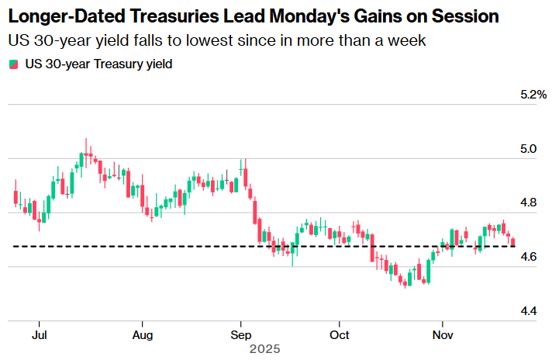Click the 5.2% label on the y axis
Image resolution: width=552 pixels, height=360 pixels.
(x=534, y=95)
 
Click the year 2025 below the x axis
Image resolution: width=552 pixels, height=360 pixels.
(x=264, y=349)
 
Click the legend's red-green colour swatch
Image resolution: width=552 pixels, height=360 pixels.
(x=13, y=64)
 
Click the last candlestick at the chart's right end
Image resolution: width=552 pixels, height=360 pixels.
(x=512, y=242)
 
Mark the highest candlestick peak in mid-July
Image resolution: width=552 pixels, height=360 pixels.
(x=86, y=140)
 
